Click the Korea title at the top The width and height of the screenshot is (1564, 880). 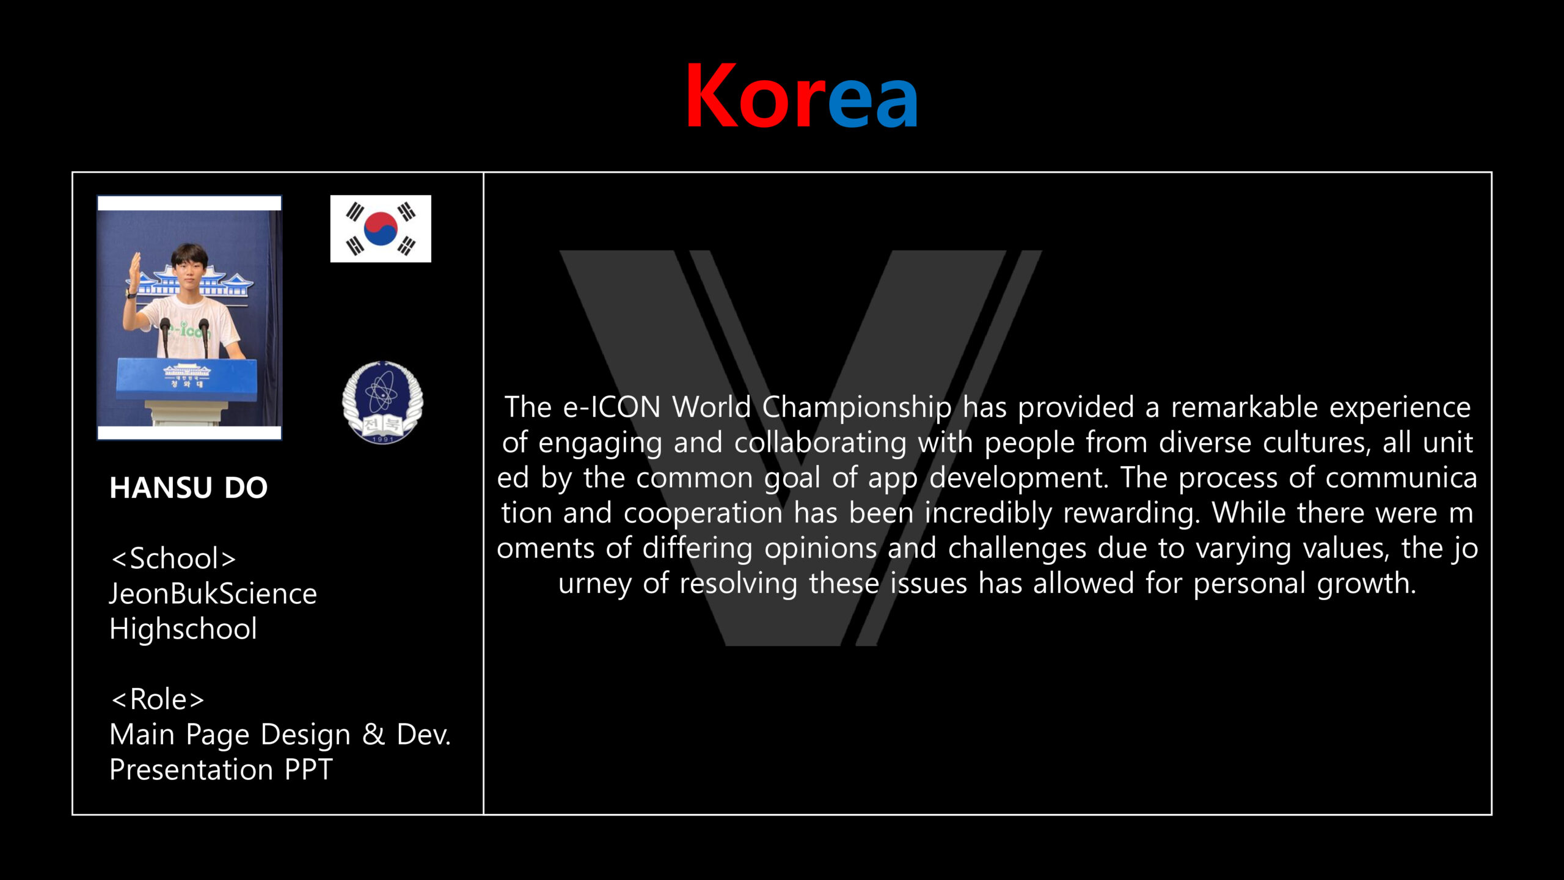802,96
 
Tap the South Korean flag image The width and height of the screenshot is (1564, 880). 381,229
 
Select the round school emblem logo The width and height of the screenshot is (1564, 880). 382,402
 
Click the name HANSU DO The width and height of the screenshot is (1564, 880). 188,488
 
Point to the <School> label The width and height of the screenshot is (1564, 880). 173,559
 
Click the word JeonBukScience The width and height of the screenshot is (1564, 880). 213,593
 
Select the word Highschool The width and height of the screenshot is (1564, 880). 183,629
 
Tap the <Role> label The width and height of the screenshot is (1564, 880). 157,699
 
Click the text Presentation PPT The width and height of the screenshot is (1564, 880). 221,769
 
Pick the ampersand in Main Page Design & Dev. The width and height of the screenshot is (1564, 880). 373,734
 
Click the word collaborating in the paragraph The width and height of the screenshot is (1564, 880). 820,443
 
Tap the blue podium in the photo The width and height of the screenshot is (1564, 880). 186,380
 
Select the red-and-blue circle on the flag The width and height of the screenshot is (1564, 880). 381,229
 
